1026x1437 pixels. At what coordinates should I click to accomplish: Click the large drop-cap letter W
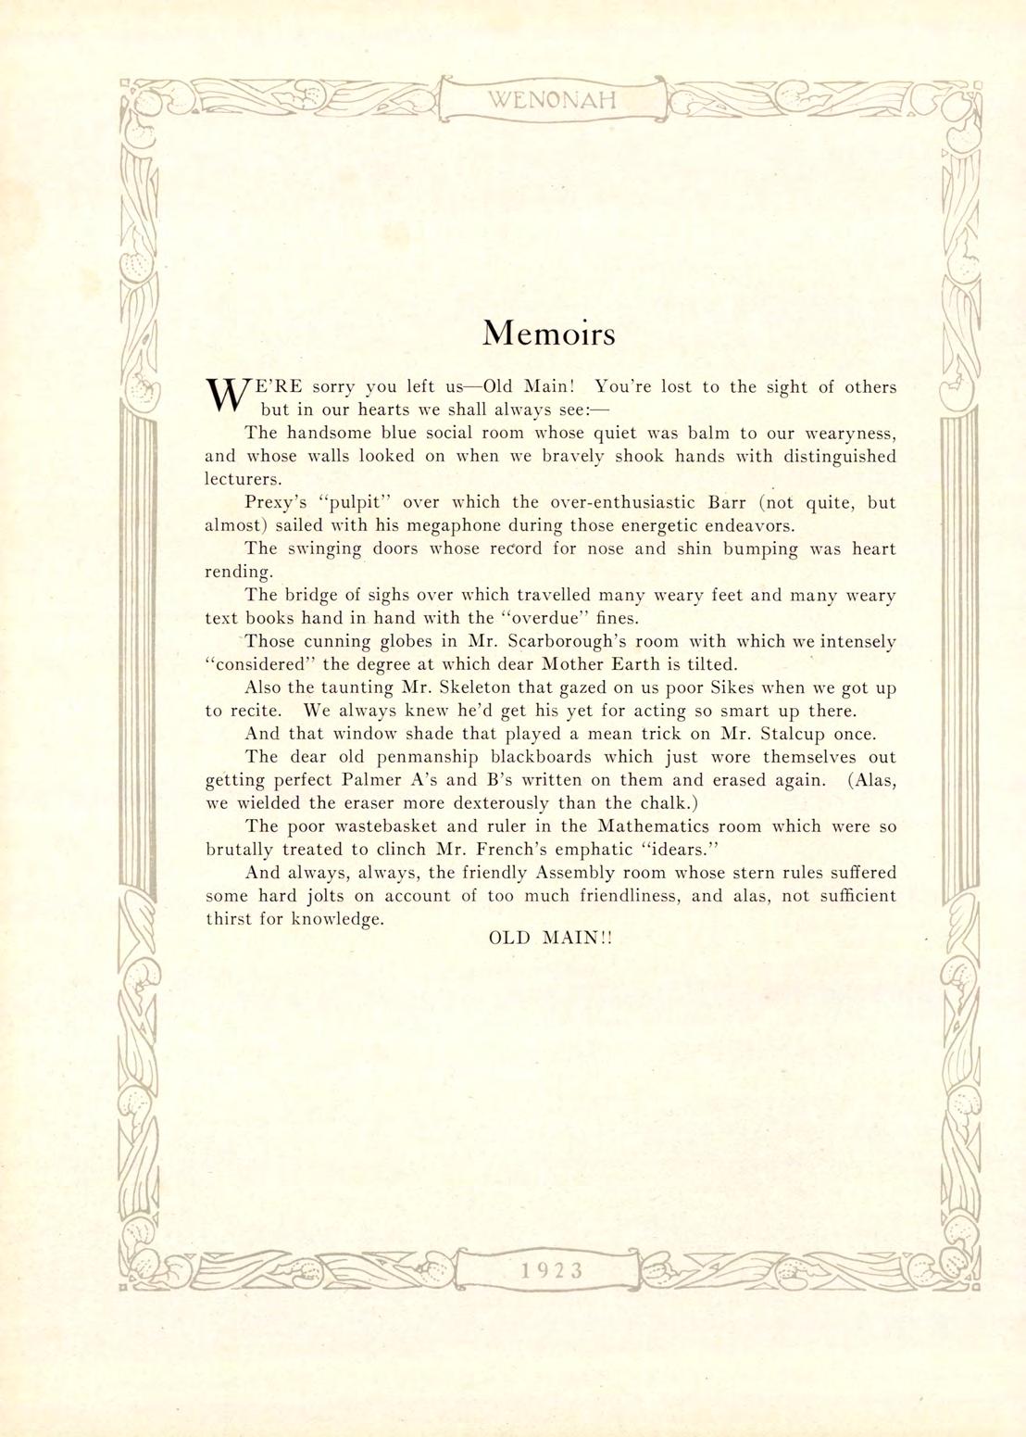click(223, 396)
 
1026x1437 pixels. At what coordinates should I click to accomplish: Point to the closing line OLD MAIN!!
click(550, 938)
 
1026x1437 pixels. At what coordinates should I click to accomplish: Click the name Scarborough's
click(569, 641)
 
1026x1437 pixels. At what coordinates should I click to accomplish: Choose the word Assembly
click(579, 873)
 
